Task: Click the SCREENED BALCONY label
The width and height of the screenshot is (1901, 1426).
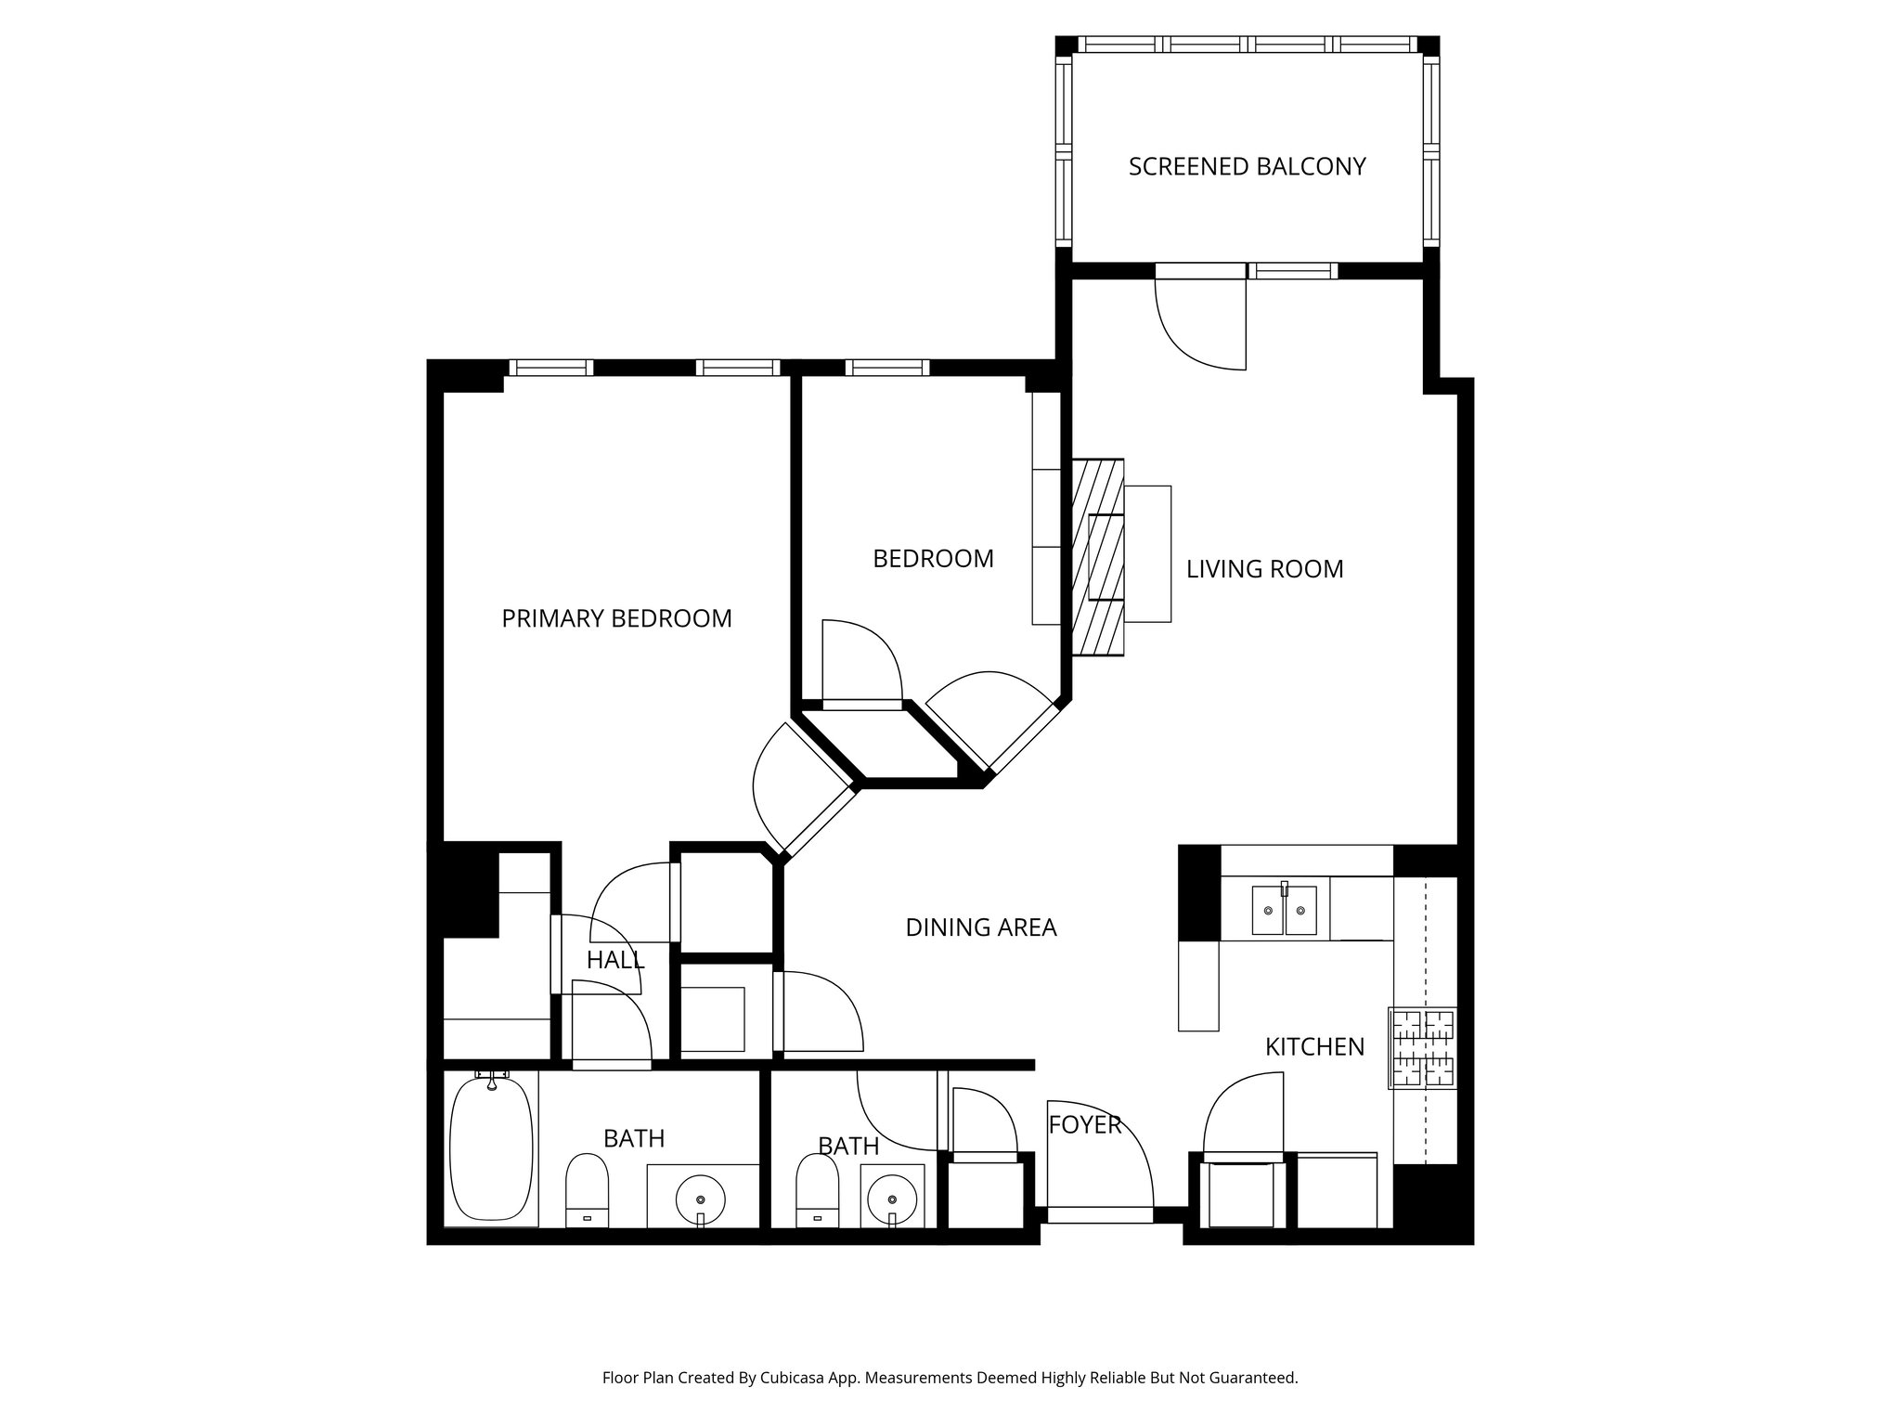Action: (1247, 167)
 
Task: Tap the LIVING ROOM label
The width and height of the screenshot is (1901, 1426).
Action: (1264, 569)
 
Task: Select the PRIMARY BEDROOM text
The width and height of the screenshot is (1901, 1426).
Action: (616, 618)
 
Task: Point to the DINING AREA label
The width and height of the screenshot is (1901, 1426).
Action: (980, 927)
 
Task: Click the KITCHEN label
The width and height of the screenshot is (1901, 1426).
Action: (1314, 1047)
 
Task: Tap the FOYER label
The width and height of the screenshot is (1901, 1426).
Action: (1084, 1125)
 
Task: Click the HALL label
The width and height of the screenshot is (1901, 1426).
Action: (614, 960)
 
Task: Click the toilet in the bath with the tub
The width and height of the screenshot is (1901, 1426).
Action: (587, 1190)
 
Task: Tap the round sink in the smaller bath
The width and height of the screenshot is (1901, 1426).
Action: (892, 1196)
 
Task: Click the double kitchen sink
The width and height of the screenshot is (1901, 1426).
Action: (1284, 909)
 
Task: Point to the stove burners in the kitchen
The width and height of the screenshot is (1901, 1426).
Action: (1422, 1048)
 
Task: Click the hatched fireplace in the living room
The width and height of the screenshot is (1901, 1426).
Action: (1097, 557)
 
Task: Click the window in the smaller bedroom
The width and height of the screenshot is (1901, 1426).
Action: (886, 368)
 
